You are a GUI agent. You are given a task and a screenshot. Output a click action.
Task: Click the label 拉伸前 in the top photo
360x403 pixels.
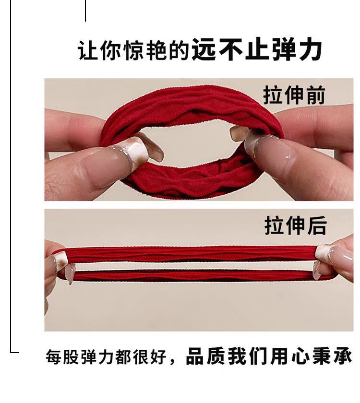click(294, 95)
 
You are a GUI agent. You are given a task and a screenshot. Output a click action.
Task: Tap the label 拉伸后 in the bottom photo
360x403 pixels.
click(295, 225)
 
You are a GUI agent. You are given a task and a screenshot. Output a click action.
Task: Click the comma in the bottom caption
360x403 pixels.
click(174, 361)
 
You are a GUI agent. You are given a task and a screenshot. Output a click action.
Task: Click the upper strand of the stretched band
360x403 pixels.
click(192, 254)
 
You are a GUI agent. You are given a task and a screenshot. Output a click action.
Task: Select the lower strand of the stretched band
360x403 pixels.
click(192, 275)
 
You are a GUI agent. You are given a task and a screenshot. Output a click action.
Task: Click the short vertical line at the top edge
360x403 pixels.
click(85, 11)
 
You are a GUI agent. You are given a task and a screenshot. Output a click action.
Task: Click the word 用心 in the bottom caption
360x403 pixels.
click(290, 357)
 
